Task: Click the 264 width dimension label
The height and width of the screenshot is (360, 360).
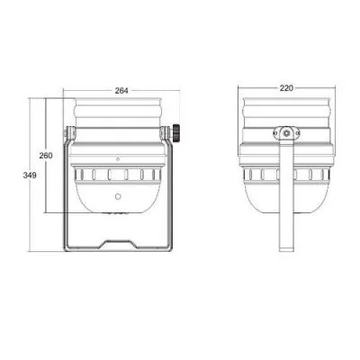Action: point(121,91)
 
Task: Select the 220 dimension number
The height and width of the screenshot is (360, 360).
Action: point(286,88)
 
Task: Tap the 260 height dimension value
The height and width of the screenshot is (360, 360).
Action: point(46,156)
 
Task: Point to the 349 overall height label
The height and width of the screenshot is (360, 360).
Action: point(30,175)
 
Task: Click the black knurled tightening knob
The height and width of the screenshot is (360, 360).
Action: point(175,132)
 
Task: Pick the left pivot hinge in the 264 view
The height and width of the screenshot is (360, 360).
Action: point(69,133)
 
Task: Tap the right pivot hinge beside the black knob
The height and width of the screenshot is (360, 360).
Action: point(166,133)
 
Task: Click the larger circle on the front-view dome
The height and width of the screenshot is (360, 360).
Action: point(118,196)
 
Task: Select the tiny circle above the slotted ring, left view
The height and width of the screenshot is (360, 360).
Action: point(118,159)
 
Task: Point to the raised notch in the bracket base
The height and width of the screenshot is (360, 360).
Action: point(118,244)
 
